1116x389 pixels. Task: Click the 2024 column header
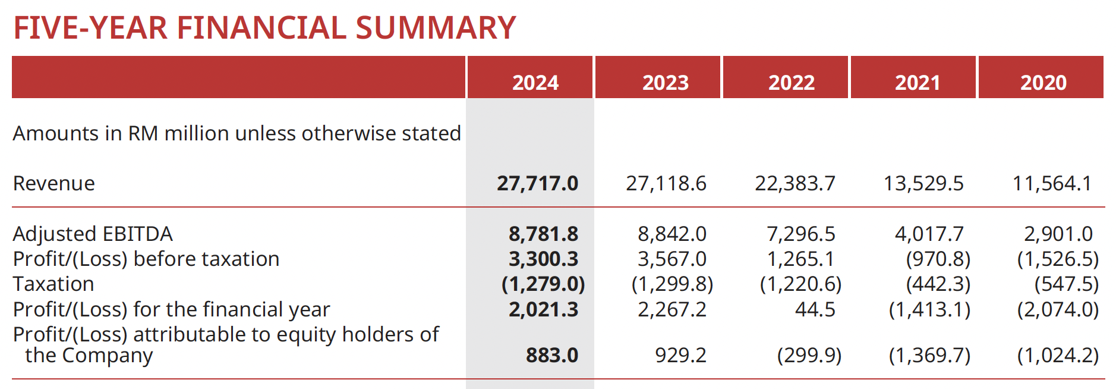click(535, 82)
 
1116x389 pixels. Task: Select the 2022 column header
click(792, 82)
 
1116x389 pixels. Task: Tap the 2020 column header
click(1044, 82)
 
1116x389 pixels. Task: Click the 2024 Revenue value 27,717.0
click(537, 183)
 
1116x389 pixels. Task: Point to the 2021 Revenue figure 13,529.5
click(923, 183)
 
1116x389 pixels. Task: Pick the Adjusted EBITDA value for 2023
click(672, 234)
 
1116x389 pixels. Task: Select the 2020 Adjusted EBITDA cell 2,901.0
click(1058, 234)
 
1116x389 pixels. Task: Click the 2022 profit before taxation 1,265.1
click(800, 259)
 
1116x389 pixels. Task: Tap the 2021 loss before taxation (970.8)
click(938, 259)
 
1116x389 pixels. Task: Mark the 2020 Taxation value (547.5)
click(1066, 284)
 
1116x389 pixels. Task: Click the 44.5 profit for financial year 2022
click(815, 309)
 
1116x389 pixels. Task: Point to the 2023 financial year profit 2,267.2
click(672, 309)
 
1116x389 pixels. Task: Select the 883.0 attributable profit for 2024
click(551, 355)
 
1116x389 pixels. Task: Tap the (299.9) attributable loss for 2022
click(809, 355)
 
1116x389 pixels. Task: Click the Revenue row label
click(54, 183)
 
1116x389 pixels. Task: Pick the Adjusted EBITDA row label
click(93, 234)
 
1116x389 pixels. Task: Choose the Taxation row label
click(53, 284)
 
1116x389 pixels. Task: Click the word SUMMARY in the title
click(436, 28)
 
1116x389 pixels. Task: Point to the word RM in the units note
click(143, 133)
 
